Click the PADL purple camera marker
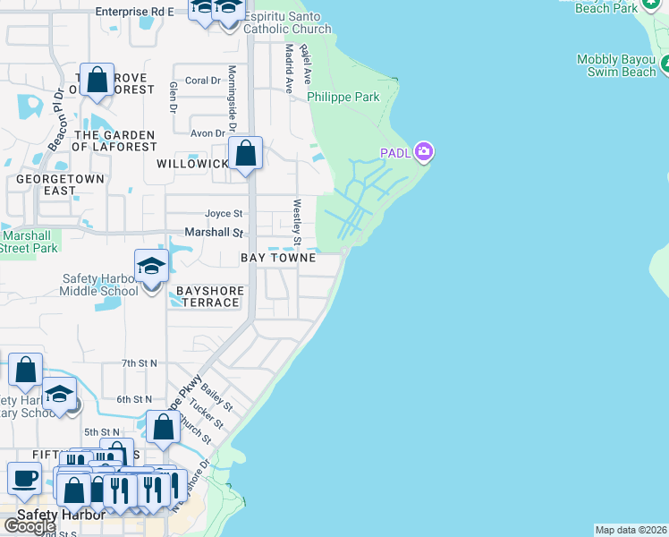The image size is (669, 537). tap(424, 152)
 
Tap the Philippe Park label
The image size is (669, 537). tap(343, 97)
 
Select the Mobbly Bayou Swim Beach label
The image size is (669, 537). tap(616, 66)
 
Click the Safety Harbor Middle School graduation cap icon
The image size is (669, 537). tap(151, 266)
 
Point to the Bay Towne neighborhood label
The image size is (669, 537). tap(278, 258)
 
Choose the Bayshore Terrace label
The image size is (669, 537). tap(207, 297)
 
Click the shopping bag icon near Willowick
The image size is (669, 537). tap(245, 154)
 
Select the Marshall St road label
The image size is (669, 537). tap(214, 233)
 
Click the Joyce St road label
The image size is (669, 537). tap(224, 214)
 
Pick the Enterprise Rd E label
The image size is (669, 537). tap(134, 12)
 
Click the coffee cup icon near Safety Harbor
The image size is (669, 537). tap(24, 479)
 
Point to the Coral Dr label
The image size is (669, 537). tap(202, 81)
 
